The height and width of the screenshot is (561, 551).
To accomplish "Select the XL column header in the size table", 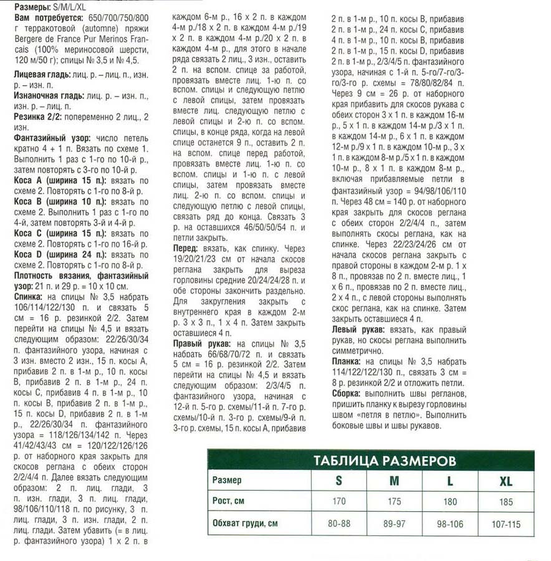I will [x=505, y=481].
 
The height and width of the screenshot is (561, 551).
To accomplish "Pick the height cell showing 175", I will [x=395, y=502].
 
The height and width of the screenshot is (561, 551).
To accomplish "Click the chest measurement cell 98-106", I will [x=450, y=524].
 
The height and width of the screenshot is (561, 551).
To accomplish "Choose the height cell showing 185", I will [x=505, y=502].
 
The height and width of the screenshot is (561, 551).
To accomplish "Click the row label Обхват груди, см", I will [x=245, y=524].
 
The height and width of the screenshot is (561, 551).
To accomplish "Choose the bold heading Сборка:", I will [x=345, y=394].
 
